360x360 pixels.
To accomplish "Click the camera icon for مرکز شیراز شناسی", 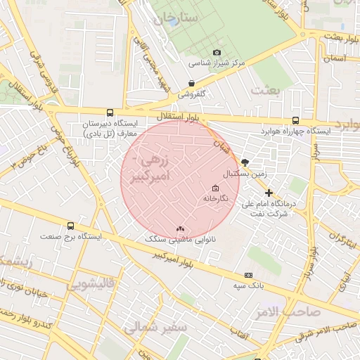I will point(217,53).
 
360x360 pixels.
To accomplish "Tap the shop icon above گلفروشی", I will point(191,83).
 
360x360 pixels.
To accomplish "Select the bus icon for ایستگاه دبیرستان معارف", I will point(109,112).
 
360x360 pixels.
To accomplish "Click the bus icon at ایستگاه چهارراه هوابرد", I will point(295,120).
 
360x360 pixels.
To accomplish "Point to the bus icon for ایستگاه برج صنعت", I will point(70,226).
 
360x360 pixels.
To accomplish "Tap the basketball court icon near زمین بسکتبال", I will point(245,162).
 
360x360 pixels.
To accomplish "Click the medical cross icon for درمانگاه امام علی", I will point(269,193).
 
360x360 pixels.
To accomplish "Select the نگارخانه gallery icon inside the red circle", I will point(215,188).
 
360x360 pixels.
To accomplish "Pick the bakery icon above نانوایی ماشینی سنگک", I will point(181,229).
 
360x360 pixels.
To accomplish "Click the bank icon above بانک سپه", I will point(248,275).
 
